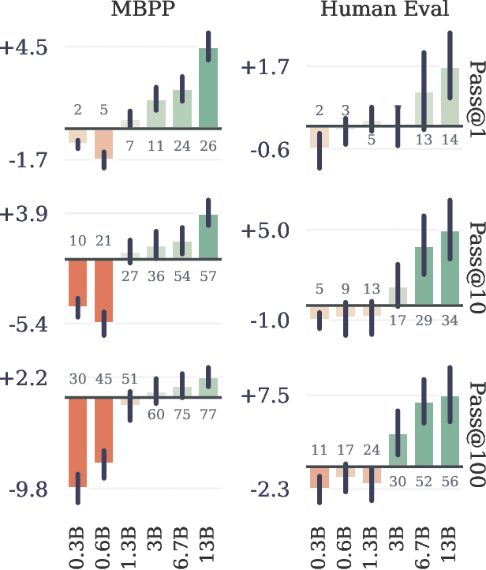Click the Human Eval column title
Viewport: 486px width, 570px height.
click(x=383, y=9)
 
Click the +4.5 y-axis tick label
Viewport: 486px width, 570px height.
click(x=24, y=47)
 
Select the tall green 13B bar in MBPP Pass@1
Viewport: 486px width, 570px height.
click(x=208, y=88)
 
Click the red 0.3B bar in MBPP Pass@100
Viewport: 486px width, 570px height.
click(x=77, y=442)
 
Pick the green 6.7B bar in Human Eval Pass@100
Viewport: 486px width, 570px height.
click(x=424, y=434)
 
